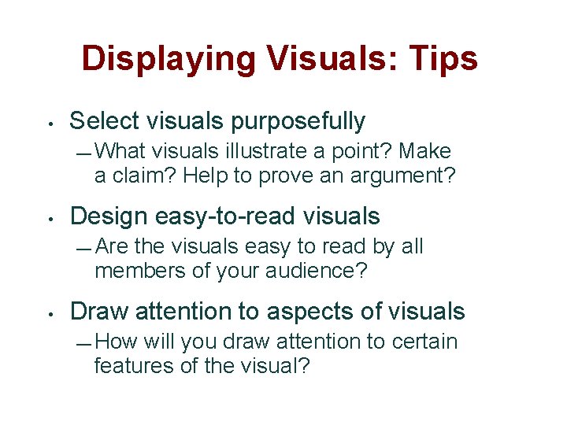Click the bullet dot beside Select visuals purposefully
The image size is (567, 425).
[50, 123]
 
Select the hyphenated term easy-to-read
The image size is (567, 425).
[235, 216]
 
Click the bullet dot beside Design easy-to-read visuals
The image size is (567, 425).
[50, 218]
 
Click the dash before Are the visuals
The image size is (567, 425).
[86, 248]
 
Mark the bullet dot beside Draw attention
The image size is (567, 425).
[50, 313]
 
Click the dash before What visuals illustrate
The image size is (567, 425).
[86, 151]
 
